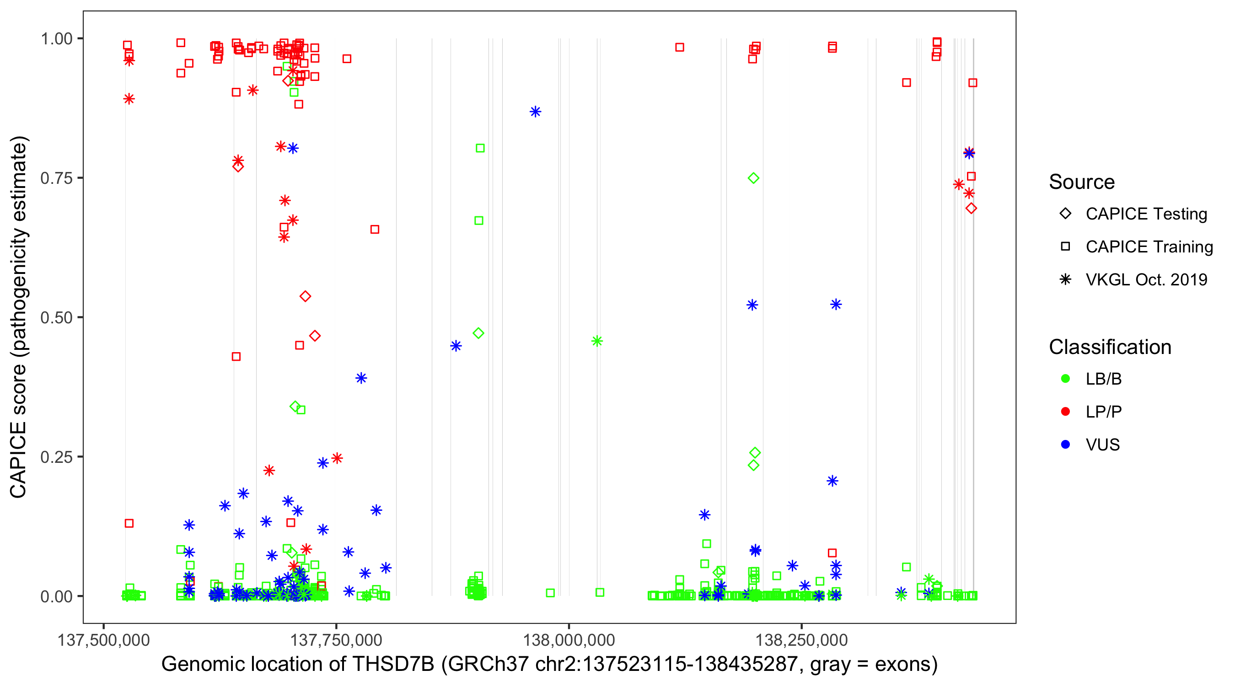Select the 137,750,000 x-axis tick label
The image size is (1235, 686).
(336, 640)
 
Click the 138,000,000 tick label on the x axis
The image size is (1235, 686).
(569, 640)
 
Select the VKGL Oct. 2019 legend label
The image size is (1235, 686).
(1146, 279)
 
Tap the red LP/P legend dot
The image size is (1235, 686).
(1065, 412)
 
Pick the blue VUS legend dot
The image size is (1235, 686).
(1065, 445)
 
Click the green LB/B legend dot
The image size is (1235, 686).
(1065, 379)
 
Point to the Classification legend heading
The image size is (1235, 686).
(1110, 347)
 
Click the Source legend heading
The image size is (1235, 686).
(1082, 182)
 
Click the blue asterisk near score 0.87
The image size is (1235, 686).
(536, 112)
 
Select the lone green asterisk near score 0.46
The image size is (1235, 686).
(597, 341)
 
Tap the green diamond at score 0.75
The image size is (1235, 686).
(753, 178)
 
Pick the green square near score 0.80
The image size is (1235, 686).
(480, 148)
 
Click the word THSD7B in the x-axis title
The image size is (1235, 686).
(393, 665)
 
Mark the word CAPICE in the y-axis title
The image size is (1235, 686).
(18, 460)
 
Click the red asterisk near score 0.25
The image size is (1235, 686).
(337, 458)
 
